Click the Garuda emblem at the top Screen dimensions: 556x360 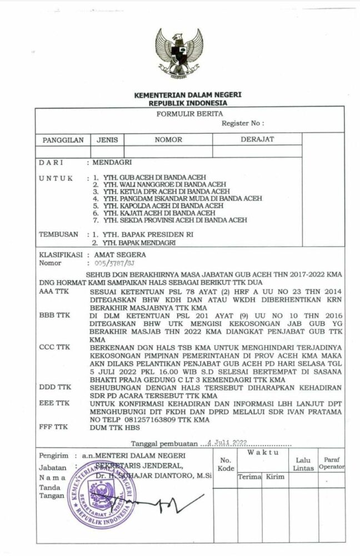[179, 53]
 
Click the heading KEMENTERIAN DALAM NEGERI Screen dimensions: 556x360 [179, 96]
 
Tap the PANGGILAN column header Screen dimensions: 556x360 [58, 140]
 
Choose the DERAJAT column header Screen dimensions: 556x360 [257, 140]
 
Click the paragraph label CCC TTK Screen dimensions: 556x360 [55, 346]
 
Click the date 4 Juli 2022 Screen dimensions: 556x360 [228, 443]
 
